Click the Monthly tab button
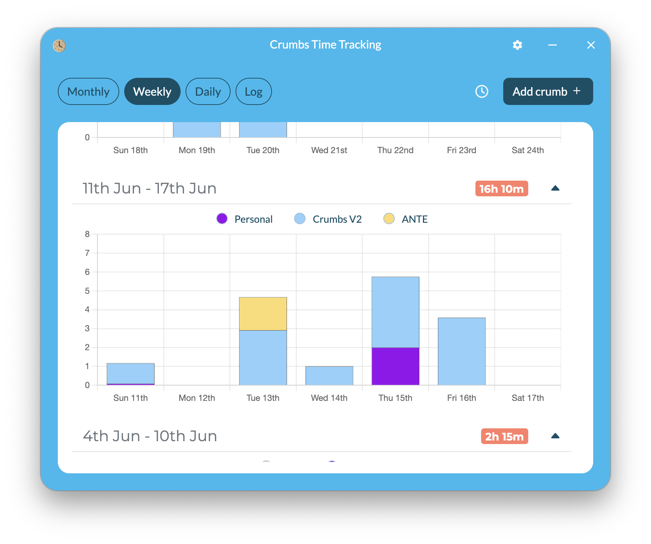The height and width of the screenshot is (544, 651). (x=88, y=92)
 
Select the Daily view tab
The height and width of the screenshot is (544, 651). (x=208, y=92)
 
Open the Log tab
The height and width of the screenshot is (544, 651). (x=253, y=92)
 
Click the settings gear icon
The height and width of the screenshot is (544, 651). (x=517, y=45)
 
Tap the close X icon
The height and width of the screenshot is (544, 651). (x=591, y=45)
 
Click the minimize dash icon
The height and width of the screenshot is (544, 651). (x=552, y=45)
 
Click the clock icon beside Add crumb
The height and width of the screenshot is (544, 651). (x=481, y=91)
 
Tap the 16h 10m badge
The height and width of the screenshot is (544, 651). (x=501, y=188)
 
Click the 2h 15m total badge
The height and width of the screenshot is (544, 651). (x=504, y=436)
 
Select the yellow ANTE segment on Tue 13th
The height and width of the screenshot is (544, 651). (x=263, y=314)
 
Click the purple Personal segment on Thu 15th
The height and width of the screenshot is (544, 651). (x=395, y=366)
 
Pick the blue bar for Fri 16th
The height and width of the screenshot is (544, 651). (x=461, y=351)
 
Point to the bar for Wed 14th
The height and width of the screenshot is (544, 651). (x=329, y=376)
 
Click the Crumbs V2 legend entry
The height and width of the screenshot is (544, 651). (x=328, y=219)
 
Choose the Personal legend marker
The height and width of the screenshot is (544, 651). (x=222, y=218)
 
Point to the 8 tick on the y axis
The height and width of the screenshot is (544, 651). (x=87, y=234)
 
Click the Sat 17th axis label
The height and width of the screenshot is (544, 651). (x=527, y=398)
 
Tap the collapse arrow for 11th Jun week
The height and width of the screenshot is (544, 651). (x=555, y=188)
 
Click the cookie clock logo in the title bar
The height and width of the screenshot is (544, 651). (x=59, y=45)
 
